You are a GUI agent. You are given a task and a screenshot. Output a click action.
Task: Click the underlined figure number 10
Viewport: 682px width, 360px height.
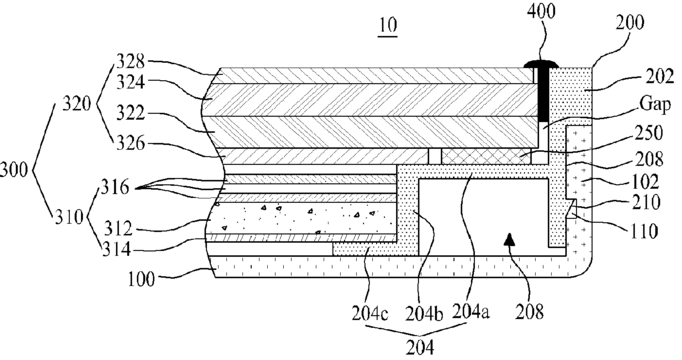388,26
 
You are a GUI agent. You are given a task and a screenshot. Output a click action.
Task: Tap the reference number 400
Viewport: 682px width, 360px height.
541,11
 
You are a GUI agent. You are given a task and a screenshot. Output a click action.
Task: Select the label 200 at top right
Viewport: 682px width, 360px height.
629,22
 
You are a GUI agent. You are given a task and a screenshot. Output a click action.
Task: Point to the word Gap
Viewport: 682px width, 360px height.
655,104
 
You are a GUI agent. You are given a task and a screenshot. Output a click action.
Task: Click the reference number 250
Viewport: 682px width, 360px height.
649,133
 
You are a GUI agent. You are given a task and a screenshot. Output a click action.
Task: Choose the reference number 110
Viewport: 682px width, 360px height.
644,230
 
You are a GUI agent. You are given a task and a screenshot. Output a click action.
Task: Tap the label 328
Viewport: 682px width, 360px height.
130,62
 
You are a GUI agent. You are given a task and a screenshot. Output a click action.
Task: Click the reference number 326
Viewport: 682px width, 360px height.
130,143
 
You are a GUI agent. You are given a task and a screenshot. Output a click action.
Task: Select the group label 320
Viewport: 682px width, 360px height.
77,104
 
